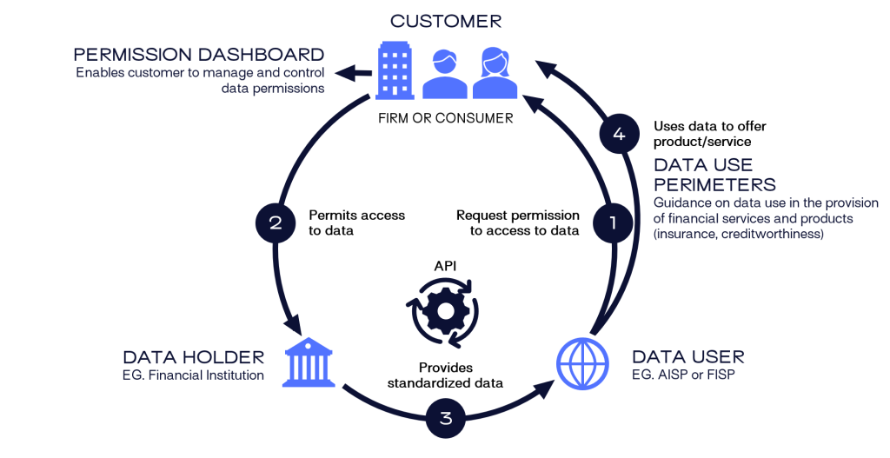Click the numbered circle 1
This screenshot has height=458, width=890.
612,222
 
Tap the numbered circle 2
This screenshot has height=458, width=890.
276,222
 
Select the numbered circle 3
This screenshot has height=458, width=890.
446,418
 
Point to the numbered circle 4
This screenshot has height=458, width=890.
619,134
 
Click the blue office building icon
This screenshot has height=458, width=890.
395,71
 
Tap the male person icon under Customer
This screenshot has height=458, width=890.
445,76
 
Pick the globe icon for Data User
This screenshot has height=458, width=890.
580,364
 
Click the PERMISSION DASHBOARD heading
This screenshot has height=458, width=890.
199,54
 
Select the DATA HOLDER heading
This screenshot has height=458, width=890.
193,357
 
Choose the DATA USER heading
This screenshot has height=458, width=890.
687,357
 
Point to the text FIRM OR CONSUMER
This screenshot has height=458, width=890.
445,118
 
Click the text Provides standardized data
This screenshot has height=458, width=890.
445,375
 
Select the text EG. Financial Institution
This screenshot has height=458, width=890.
193,375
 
